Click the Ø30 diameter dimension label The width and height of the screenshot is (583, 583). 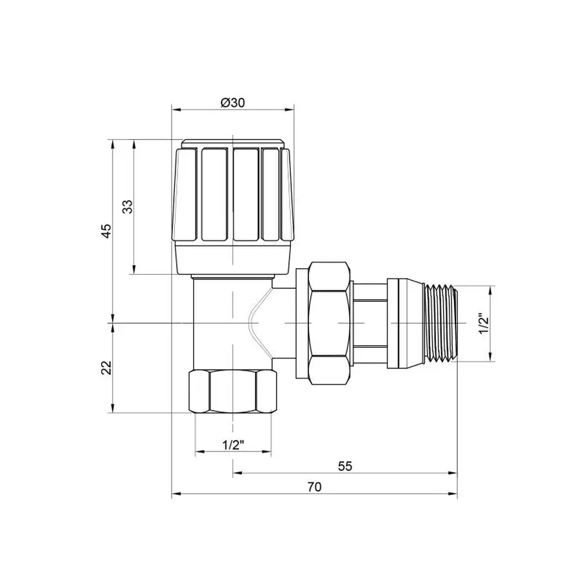coord(232,102)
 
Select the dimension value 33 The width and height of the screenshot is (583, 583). coord(128,207)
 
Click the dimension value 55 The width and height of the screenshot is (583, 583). coord(345,466)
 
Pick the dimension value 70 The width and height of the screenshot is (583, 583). coord(315,486)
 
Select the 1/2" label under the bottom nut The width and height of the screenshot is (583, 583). coord(232,445)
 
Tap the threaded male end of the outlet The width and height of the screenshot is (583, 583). coord(440,322)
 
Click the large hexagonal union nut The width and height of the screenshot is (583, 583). coord(330,322)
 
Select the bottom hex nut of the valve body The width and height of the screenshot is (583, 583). coord(232,391)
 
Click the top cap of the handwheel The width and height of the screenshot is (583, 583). coord(232,143)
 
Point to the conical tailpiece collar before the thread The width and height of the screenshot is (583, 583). coord(404,322)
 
